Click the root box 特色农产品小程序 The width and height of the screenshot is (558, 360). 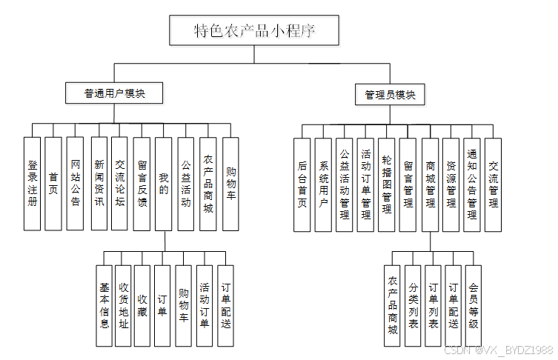click(255, 31)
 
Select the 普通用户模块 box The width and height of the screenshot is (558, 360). click(114, 93)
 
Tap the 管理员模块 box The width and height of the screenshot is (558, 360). click(391, 95)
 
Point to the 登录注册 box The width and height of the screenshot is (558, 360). click(32, 183)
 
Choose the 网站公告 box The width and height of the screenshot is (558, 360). click(75, 183)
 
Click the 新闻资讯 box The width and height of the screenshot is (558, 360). click(99, 183)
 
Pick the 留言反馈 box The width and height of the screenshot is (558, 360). click(142, 183)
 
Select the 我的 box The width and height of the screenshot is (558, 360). click(164, 183)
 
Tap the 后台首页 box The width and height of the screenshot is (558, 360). click(302, 184)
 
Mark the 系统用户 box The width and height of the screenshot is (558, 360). click(323, 184)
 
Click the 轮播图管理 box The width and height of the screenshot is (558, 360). click(386, 184)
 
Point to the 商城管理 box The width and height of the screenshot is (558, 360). click(430, 184)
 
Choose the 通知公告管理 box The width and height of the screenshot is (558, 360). click(472, 184)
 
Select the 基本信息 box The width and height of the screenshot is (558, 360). click(104, 306)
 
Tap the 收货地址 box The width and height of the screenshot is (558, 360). click(123, 306)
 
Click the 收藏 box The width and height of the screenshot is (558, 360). click(142, 306)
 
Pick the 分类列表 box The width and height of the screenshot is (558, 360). click(413, 306)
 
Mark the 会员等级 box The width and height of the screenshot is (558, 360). click(474, 306)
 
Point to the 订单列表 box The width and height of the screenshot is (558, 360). click(434, 306)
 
